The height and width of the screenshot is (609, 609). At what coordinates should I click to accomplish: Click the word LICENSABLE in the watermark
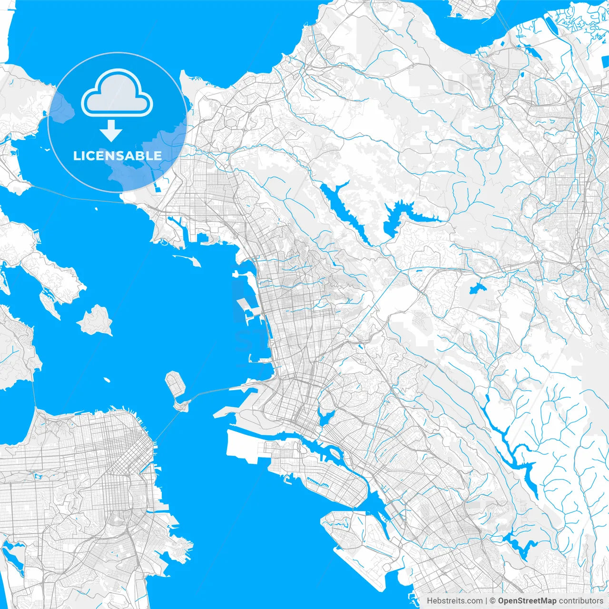click(118, 156)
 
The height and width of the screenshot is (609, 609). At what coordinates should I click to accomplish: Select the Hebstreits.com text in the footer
click(454, 601)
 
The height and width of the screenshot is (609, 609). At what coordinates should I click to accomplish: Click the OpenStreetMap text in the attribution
click(527, 601)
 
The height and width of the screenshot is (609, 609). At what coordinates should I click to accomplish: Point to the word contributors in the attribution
click(580, 601)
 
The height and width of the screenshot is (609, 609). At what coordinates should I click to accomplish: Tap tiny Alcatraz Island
click(107, 380)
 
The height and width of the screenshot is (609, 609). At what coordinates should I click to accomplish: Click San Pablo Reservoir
click(343, 209)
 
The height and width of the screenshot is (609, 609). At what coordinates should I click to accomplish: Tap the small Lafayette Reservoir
click(476, 288)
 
